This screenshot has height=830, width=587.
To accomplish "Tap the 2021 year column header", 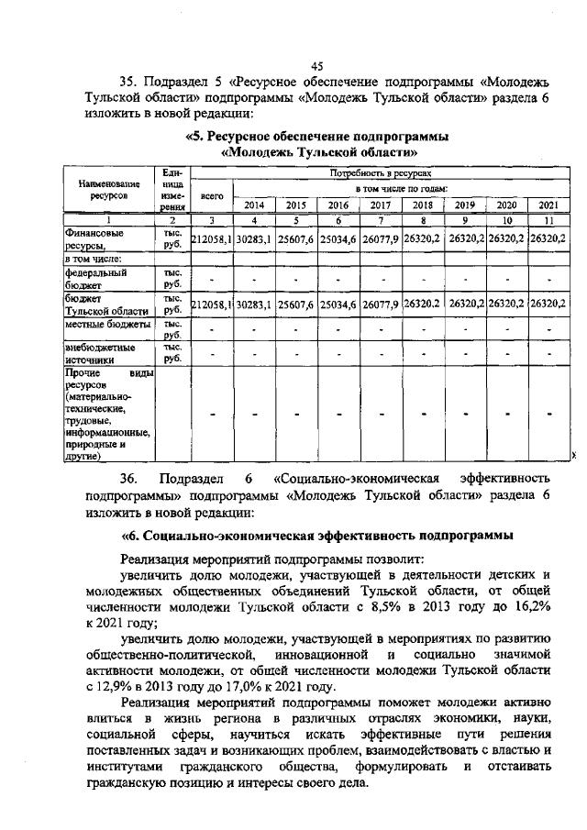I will pos(548,205).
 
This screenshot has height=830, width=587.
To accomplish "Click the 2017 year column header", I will pos(381,205).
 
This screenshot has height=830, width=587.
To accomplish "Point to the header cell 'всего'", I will pos(212,195).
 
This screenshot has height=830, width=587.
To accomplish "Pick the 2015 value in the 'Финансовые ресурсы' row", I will pos(296,239).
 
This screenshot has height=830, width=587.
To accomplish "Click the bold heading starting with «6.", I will pos(316,534).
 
